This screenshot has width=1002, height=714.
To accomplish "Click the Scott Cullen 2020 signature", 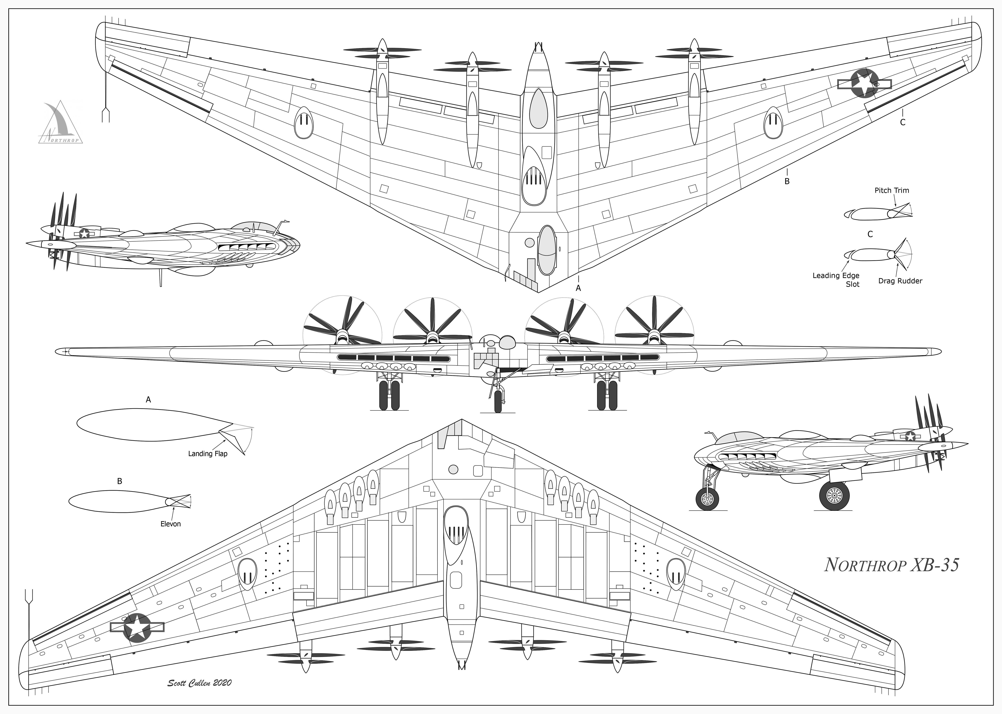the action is (x=199, y=683).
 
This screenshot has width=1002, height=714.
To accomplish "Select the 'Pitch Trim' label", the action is (x=892, y=190).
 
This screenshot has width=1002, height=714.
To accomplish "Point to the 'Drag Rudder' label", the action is (x=900, y=281).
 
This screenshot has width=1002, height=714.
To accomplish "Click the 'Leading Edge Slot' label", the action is (x=836, y=280).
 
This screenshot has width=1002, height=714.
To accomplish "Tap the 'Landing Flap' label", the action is (x=208, y=454).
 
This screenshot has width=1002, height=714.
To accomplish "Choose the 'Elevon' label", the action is (x=170, y=524).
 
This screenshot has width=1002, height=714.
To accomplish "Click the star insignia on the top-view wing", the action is (x=864, y=84).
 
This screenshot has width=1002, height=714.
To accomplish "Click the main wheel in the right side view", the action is (x=834, y=496).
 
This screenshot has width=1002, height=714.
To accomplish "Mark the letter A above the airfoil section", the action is (x=148, y=400).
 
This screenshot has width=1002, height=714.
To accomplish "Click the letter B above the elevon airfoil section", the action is (x=120, y=481).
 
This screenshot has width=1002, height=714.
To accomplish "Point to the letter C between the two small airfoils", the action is (x=870, y=234).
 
